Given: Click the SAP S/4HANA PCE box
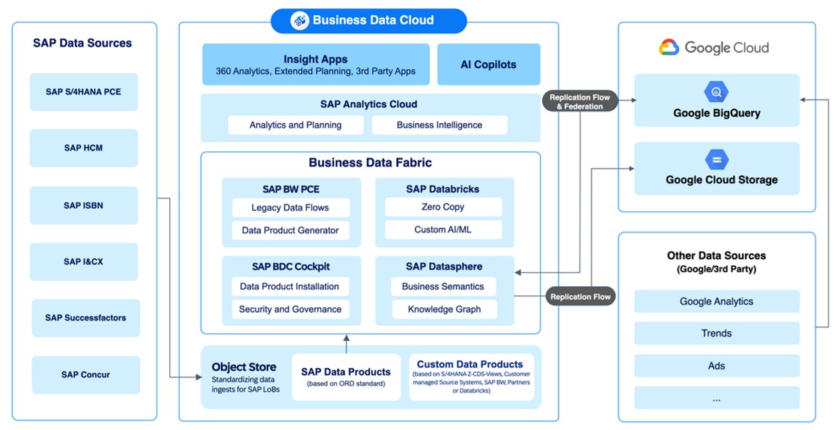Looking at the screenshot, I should point(83,92).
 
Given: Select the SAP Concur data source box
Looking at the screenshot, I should point(85,375).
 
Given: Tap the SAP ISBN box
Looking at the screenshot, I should point(83,205).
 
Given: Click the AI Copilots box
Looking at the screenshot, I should point(488,64).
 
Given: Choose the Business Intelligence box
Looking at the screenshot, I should point(439,125).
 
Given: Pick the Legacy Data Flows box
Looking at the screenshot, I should point(290,208).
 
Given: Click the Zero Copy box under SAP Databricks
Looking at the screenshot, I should point(443,207).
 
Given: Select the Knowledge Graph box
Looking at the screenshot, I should point(444,309).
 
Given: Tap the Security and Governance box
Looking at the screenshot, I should point(290,309).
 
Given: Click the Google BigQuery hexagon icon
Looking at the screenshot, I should point(716,93).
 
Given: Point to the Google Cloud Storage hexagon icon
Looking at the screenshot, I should point(716,160).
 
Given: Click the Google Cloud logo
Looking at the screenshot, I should point(669,48).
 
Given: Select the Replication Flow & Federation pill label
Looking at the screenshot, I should point(579,102).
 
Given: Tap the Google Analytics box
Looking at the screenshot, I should point(716,301).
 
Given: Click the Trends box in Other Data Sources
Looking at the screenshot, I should point(716,333).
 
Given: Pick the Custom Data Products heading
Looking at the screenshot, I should point(470,364).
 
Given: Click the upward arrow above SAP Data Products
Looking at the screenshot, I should point(346,344).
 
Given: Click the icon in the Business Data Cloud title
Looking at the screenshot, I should point(299,21).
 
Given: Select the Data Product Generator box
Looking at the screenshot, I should point(290,230).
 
